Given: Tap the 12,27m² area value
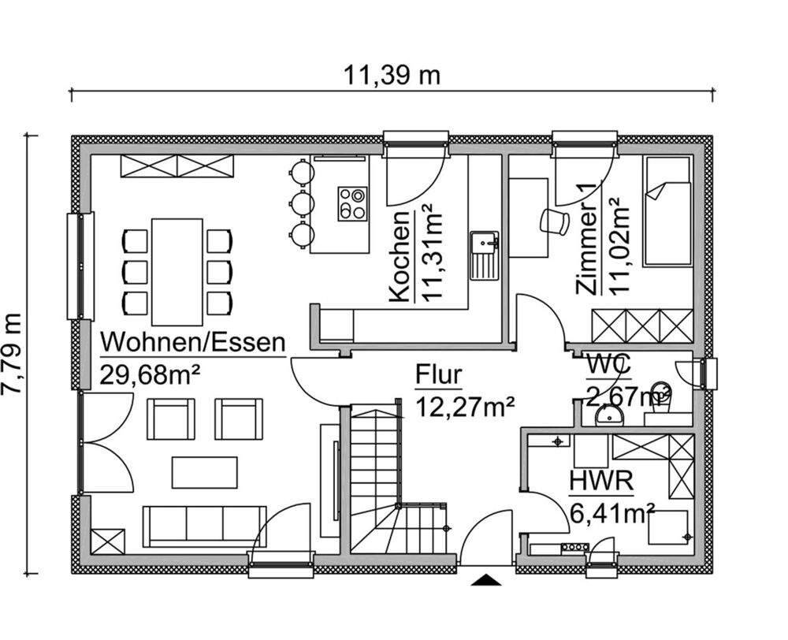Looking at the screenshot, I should [465, 406].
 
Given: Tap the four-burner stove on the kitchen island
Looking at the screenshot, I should [352, 203].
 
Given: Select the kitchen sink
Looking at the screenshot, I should [482, 255].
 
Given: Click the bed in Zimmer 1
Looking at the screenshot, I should [667, 211].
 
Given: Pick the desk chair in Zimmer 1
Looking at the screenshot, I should [555, 221].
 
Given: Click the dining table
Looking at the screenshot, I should [178, 270].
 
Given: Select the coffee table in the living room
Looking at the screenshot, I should [205, 472].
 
